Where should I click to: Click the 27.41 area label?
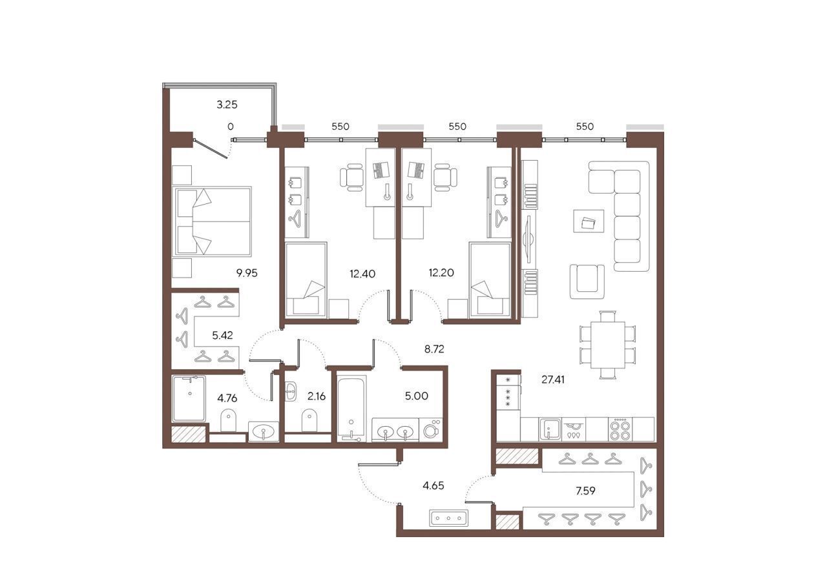pyautogui.click(x=552, y=380)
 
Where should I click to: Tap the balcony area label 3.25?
pyautogui.click(x=227, y=105)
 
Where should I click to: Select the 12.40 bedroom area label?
pyautogui.click(x=362, y=274)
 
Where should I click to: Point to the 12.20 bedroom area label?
pyautogui.click(x=441, y=273)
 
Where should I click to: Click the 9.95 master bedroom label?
pyautogui.click(x=247, y=273)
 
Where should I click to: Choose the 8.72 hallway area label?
pyautogui.click(x=434, y=349)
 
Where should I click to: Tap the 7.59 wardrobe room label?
pyautogui.click(x=585, y=491)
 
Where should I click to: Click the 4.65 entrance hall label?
pyautogui.click(x=433, y=486)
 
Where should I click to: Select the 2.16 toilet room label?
pyautogui.click(x=317, y=396)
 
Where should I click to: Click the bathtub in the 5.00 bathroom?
pyautogui.click(x=351, y=409)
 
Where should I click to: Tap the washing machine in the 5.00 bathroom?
pyautogui.click(x=431, y=429)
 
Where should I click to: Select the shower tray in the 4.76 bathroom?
pyautogui.click(x=189, y=398)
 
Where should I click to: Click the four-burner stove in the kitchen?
pyautogui.click(x=620, y=429)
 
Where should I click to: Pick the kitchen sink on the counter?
pyautogui.click(x=549, y=429)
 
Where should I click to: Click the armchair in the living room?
pyautogui.click(x=587, y=281)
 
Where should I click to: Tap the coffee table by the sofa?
pyautogui.click(x=589, y=221)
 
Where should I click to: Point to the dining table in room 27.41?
pyautogui.click(x=608, y=345)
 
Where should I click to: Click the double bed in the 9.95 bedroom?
pyautogui.click(x=211, y=221)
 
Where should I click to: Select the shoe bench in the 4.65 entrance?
pyautogui.click(x=448, y=518)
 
